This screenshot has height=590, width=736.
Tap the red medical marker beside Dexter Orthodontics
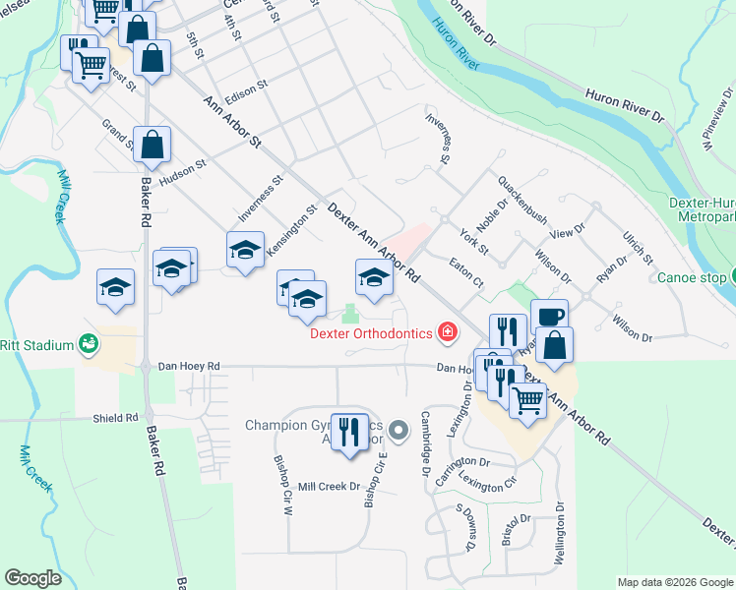click(x=448, y=332)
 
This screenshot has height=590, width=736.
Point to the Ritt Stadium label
click(x=37, y=345)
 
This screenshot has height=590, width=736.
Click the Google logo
click(x=32, y=578)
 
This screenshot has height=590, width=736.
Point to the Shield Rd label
click(x=116, y=418)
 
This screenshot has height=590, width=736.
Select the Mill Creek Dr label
click(x=329, y=487)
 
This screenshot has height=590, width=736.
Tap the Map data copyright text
click(x=675, y=582)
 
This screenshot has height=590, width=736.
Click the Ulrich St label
click(x=638, y=247)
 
